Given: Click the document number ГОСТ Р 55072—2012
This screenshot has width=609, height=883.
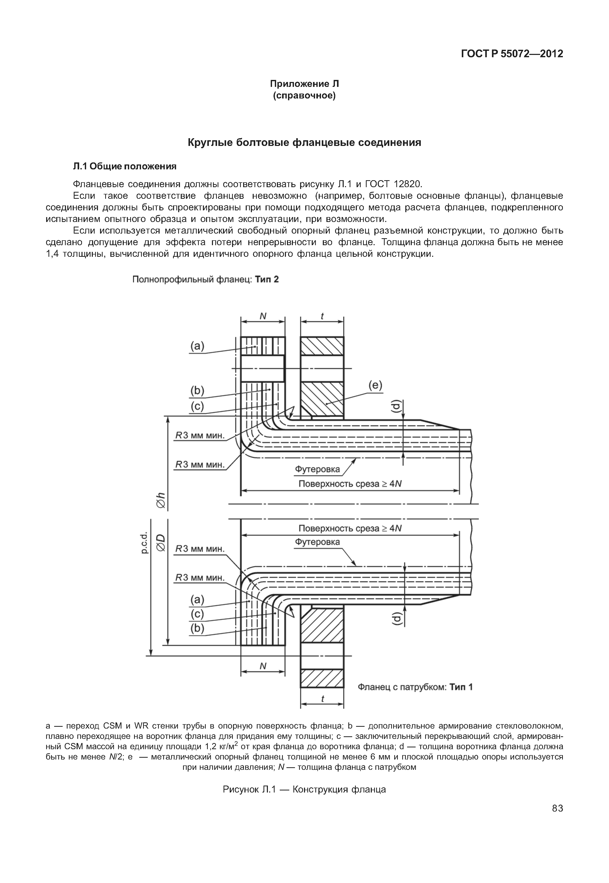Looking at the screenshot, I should tap(512, 54).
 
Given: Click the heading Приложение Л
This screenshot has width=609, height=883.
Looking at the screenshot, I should tap(304, 84).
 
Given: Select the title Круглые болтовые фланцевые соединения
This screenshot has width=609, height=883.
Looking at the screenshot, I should tap(304, 143).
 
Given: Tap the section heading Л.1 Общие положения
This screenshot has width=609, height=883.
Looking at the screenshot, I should tap(125, 166).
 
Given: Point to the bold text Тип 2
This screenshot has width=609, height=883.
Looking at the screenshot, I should tap(267, 279).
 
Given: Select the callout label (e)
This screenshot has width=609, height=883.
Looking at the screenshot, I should tap(375, 386).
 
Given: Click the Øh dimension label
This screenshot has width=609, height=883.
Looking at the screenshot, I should tap(161, 500).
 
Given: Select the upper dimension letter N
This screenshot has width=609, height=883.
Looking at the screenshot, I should tap(263, 316).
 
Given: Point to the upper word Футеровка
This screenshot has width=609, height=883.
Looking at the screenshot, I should tap(317, 469).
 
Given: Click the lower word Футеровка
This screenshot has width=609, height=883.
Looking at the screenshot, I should tap(317, 542).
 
